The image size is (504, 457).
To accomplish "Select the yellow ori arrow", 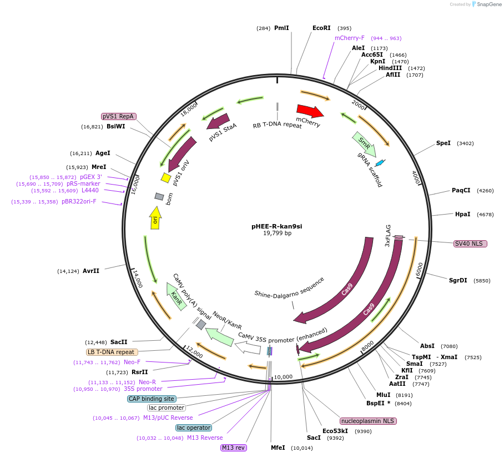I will coord(156,217).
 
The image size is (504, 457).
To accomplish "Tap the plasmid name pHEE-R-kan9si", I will coord(277,226).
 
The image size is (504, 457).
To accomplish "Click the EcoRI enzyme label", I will coord(321,28).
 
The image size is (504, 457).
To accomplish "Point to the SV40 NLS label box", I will coord(470,244).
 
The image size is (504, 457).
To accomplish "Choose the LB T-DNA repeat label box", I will coord(111,352).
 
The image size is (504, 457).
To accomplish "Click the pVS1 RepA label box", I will coord(119,117).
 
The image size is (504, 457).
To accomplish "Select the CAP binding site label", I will coord(152,399).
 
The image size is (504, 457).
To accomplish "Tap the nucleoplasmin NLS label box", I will coord(368,421).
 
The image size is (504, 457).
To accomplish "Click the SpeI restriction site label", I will coord(443,143).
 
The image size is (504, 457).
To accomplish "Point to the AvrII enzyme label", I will coord(91,271).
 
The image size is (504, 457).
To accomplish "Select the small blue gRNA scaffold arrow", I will coord(380,163).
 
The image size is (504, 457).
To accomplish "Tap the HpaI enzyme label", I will coord(463,214).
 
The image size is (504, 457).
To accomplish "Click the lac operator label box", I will coord(194,428).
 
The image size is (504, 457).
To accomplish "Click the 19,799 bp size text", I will coord(277,234).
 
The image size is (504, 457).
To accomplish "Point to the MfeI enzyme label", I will coord(278,448).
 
